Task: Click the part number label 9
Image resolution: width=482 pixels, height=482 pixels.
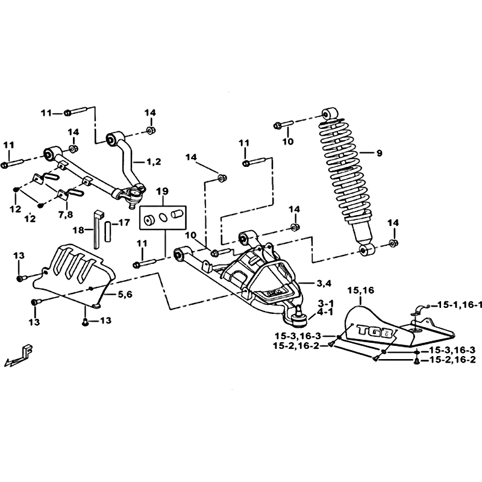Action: (x=379, y=153)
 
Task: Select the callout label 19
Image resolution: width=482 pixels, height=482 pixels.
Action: (x=162, y=192)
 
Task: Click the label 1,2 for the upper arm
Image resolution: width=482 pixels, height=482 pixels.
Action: (x=154, y=161)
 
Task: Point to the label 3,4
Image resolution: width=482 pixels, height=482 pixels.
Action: (x=324, y=284)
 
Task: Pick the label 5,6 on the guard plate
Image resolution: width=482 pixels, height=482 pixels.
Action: (x=125, y=295)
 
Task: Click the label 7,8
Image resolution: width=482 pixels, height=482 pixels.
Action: (x=66, y=214)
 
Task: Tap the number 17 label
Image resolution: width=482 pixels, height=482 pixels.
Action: (x=124, y=222)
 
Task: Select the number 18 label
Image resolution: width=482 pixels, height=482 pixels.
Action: (x=79, y=230)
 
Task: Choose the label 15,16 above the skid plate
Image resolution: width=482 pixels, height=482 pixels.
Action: (x=361, y=290)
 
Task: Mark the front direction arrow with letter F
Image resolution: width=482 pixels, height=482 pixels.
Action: (x=19, y=355)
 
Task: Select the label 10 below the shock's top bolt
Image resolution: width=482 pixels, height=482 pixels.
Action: (x=288, y=142)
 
